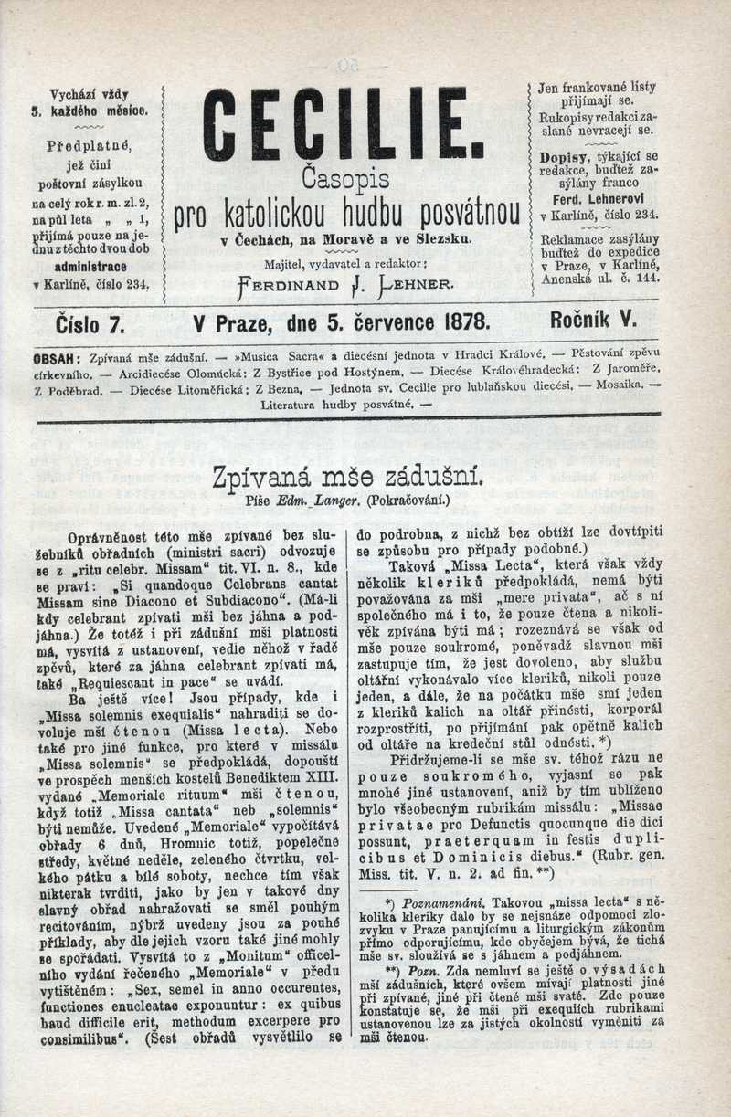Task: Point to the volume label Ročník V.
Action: [594, 321]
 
